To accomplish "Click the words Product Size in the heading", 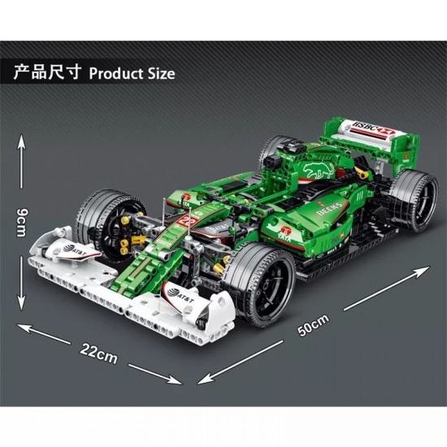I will [x=132, y=73].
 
